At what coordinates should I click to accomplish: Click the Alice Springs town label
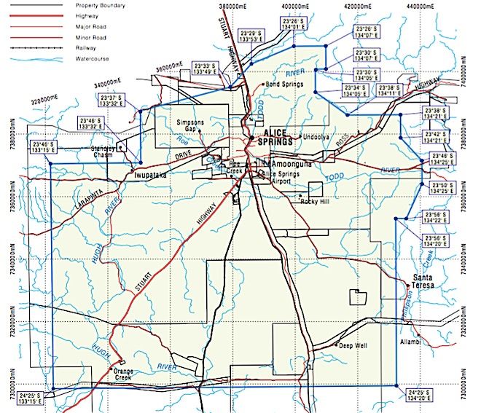click(275, 136)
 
